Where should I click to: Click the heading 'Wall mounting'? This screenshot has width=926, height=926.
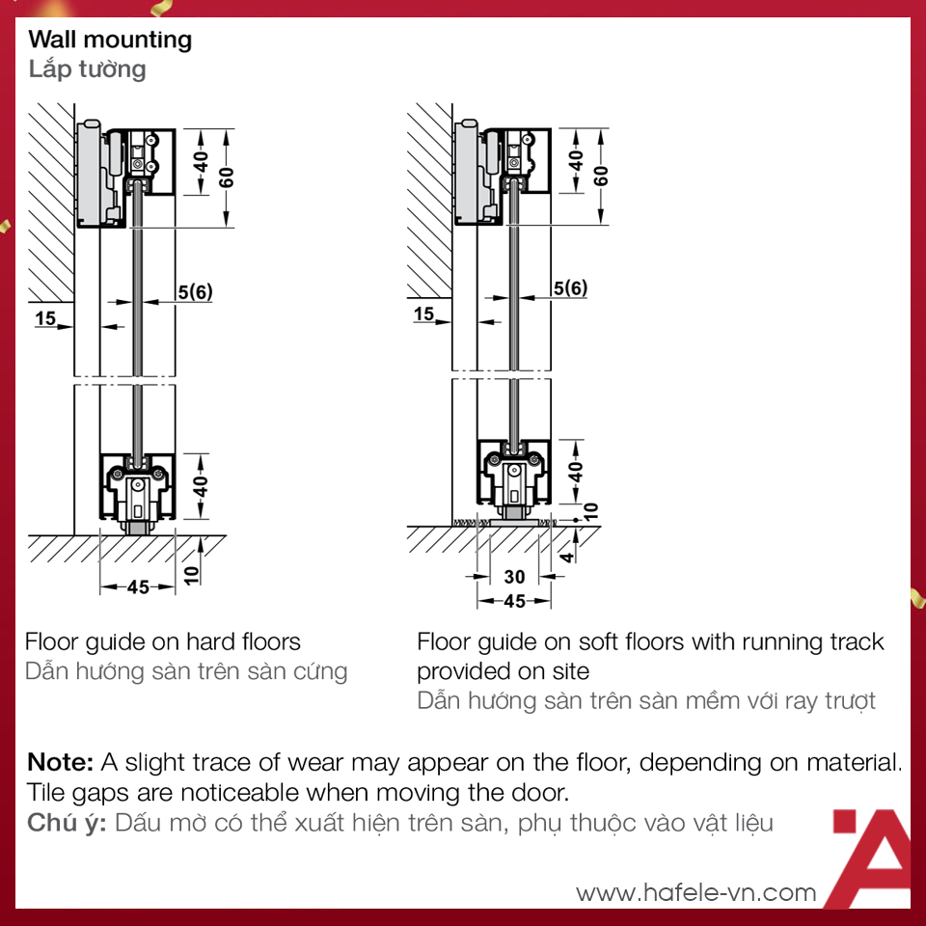110,40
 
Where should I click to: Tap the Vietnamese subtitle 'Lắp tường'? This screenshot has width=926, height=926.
87,69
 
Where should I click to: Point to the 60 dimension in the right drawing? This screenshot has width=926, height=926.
601,175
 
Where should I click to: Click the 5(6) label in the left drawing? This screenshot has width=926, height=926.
194,290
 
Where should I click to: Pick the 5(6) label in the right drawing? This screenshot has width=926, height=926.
569,287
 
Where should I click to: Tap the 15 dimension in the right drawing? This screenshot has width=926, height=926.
423,313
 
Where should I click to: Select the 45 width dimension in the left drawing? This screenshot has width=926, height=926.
138,586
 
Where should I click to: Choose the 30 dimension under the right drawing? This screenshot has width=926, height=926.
515,577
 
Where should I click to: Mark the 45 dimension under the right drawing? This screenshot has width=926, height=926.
515,602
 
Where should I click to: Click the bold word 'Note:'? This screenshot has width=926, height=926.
60,762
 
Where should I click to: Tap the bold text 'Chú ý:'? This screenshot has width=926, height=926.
67,824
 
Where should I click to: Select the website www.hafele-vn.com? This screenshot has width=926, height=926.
695,892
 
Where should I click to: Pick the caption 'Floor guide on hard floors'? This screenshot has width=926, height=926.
163,641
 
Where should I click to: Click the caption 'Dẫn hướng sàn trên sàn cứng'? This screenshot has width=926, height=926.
186,671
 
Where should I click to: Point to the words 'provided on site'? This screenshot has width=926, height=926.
503,670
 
